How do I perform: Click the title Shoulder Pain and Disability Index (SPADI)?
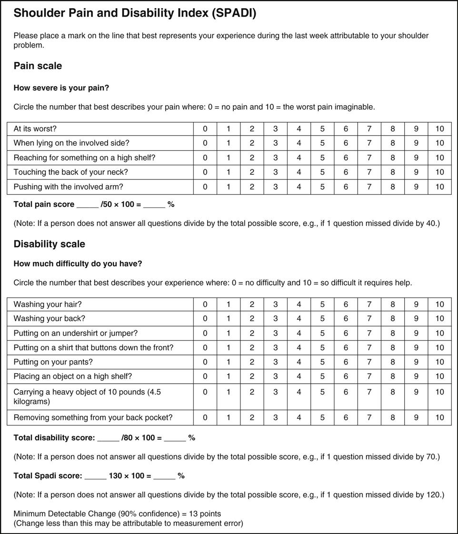[x=135, y=13]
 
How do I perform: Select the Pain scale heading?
[x=38, y=66]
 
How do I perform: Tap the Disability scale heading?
[x=49, y=244]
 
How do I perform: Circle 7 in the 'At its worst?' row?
[x=369, y=129]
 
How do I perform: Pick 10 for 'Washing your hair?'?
[x=439, y=304]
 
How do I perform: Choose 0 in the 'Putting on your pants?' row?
[x=205, y=362]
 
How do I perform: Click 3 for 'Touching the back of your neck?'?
[x=275, y=172]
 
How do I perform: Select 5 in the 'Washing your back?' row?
[x=322, y=318]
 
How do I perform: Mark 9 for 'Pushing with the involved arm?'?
[x=416, y=187]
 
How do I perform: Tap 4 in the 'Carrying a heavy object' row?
[x=299, y=392]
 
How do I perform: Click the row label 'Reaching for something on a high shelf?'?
[x=84, y=158]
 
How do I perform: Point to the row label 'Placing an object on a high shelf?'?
[x=73, y=376]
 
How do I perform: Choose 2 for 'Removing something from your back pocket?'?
[x=252, y=417]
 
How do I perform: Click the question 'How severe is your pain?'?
[x=61, y=88]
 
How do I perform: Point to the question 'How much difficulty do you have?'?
[x=78, y=264]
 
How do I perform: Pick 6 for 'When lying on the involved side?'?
[x=346, y=143]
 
